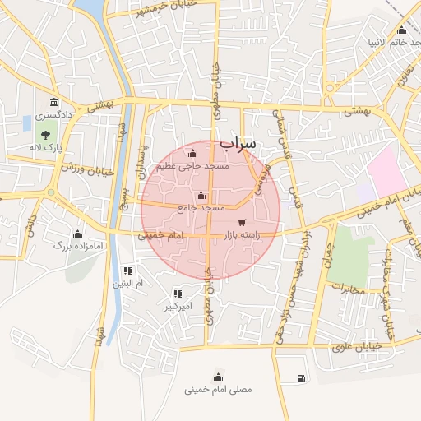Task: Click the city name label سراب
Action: pos(238,143)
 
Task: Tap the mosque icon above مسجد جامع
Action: pos(202,196)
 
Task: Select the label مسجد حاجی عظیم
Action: pos(192,166)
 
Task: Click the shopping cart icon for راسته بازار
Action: pos(242,223)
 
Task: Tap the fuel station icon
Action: pos(299,378)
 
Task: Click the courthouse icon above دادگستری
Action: pos(54,103)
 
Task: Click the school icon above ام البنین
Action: pos(127,271)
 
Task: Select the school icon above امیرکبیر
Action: pos(178,294)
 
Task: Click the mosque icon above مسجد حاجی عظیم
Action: pos(193,153)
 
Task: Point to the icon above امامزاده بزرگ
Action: pos(77,234)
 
